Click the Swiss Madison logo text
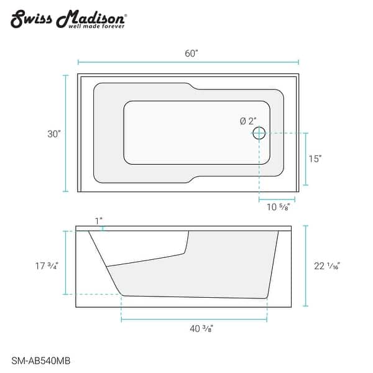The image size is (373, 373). (69, 17)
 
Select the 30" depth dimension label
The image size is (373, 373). (54, 134)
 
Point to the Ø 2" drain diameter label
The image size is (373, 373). (247, 122)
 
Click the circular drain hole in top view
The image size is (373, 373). (259, 133)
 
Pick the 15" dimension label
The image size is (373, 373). (315, 159)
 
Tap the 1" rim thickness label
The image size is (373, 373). (98, 221)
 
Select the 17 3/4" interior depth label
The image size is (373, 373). (47, 266)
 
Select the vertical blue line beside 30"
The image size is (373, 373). (66, 133)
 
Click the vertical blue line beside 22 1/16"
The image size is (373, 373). (306, 266)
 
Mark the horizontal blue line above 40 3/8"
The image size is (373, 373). (195, 320)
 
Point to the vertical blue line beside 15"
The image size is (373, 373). (304, 159)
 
